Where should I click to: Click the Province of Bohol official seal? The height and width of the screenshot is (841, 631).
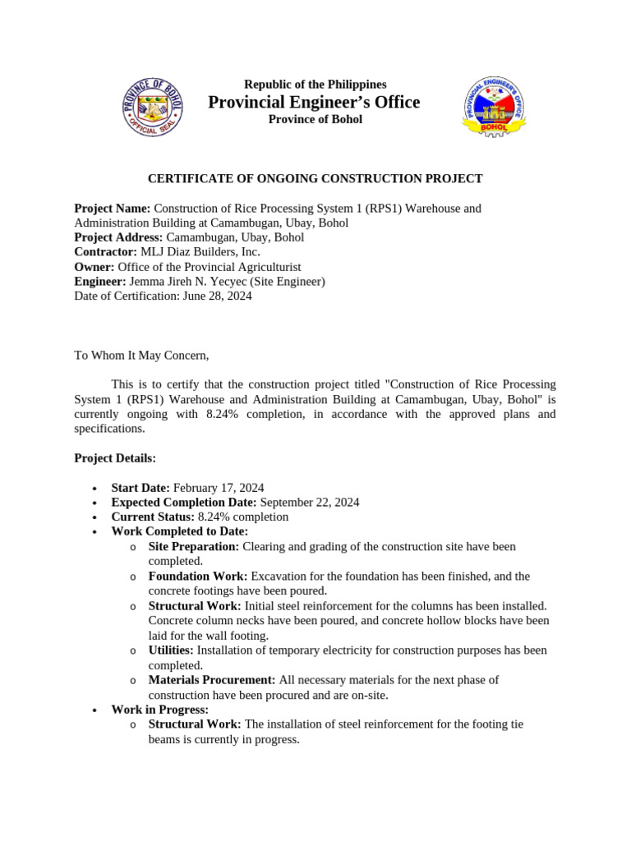pyautogui.click(x=153, y=107)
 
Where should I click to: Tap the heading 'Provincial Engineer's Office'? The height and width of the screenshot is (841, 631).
pyautogui.click(x=314, y=102)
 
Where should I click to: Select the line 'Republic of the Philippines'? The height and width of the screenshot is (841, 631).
pyautogui.click(x=315, y=85)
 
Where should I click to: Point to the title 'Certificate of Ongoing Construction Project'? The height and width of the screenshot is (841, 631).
pyautogui.click(x=315, y=179)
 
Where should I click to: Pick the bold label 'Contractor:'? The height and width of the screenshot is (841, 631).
pyautogui.click(x=106, y=252)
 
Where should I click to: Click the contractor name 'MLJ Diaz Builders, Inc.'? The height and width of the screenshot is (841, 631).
pyautogui.click(x=200, y=252)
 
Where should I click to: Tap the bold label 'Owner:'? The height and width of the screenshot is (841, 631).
pyautogui.click(x=94, y=267)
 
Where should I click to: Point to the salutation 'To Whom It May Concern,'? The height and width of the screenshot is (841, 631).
pyautogui.click(x=142, y=356)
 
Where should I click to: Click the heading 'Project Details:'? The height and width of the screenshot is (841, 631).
pyautogui.click(x=115, y=457)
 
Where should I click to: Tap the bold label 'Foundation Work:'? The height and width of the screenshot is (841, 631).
pyautogui.click(x=195, y=577)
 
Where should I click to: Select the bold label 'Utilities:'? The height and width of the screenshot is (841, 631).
pyautogui.click(x=171, y=650)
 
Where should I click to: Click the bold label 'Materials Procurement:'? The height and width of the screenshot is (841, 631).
pyautogui.click(x=212, y=680)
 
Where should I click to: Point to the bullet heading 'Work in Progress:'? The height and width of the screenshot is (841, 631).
pyautogui.click(x=160, y=710)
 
